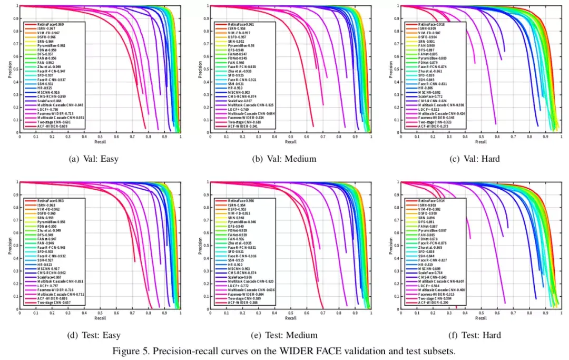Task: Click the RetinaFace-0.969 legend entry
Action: coord(51,25)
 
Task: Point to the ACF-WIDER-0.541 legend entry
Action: coord(241,127)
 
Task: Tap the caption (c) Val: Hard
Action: coord(480,159)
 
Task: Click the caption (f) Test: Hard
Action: coord(480,335)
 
